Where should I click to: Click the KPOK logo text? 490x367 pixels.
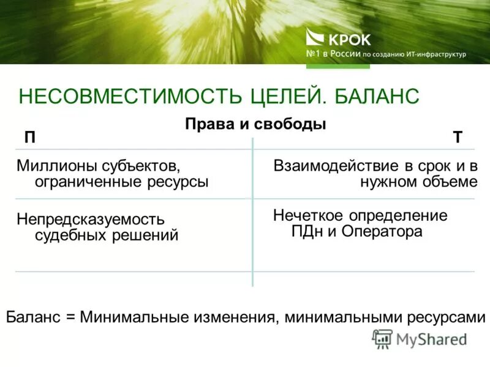[350, 40]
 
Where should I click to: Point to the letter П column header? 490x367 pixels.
[29, 138]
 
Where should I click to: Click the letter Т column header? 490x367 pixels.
[458, 138]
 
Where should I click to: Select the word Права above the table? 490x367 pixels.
[206, 124]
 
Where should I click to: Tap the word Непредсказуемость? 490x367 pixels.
[91, 219]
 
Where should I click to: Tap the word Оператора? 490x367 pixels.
[382, 231]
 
